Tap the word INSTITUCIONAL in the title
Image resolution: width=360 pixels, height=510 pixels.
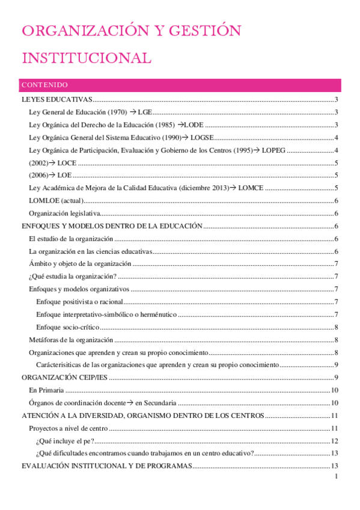click(x=86, y=58)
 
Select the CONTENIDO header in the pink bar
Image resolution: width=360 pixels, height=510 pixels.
click(x=44, y=85)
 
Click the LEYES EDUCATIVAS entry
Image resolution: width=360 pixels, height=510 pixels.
click(x=56, y=99)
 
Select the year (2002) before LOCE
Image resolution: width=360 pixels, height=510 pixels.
click(x=38, y=163)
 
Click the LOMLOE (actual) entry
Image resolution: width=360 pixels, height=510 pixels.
click(x=56, y=201)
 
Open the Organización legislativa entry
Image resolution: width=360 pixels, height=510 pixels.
click(x=64, y=214)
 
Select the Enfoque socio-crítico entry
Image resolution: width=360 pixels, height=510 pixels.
click(x=67, y=327)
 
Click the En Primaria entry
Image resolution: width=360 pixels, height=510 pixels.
click(x=47, y=390)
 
